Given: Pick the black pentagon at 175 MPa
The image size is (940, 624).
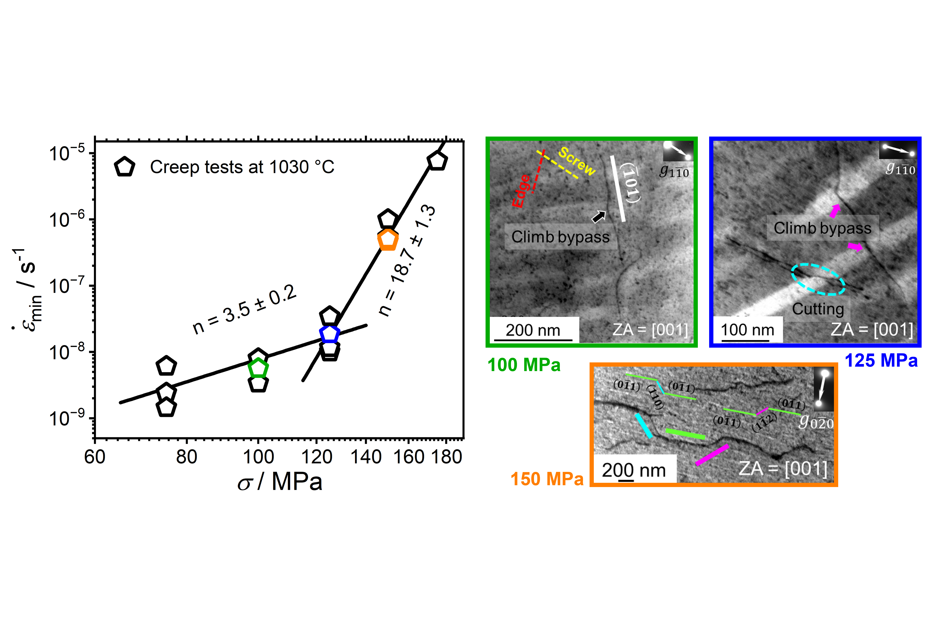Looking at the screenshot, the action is (437, 160).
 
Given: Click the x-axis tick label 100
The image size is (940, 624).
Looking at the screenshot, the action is (258, 457).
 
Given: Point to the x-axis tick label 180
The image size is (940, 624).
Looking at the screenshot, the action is (446, 457).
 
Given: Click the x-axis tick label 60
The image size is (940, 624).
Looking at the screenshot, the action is (95, 457).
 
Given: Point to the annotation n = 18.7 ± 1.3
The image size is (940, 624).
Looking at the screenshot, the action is (407, 261).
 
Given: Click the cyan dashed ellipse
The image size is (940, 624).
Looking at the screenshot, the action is (818, 279).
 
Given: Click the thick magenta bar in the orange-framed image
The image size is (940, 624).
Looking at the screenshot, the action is (712, 455).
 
